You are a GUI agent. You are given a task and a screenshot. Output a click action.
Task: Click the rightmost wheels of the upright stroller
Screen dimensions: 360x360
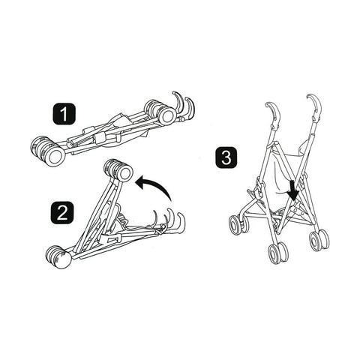(x=319, y=239)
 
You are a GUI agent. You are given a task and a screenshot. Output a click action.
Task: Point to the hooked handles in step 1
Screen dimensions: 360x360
(x=182, y=106)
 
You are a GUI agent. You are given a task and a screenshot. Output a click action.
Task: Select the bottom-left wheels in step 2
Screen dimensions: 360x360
(x=58, y=258)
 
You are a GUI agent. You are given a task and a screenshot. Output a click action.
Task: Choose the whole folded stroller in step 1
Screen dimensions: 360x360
(x=112, y=131)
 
